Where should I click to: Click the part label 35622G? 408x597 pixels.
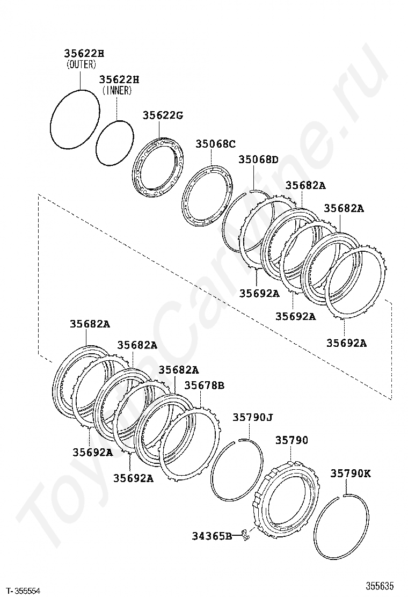pyautogui.click(x=163, y=115)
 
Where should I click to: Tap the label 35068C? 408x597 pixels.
pyautogui.click(x=216, y=144)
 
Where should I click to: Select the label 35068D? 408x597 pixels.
pyautogui.click(x=258, y=159)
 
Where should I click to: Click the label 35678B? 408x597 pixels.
pyautogui.click(x=205, y=385)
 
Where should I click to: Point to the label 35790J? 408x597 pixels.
pyautogui.click(x=253, y=418)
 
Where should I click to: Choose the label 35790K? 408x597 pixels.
pyautogui.click(x=351, y=474)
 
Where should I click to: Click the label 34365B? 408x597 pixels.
pyautogui.click(x=212, y=536)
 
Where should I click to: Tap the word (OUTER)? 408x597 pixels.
pyautogui.click(x=81, y=64)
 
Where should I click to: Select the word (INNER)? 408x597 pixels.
pyautogui.click(x=117, y=90)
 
